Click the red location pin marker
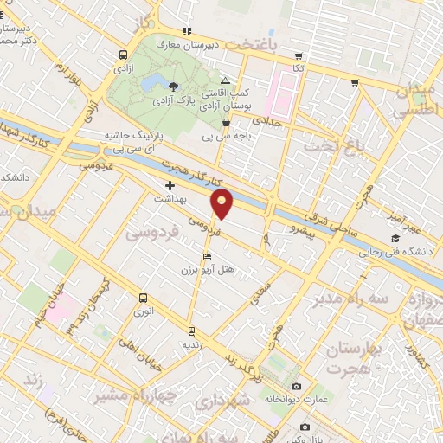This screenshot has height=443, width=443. click(x=222, y=203)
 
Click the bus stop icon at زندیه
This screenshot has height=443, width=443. click(x=191, y=331)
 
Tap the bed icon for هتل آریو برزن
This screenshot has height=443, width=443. click(x=206, y=257)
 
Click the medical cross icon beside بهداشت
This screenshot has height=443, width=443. click(x=170, y=185)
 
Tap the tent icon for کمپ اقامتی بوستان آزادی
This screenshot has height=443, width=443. click(x=225, y=80)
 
